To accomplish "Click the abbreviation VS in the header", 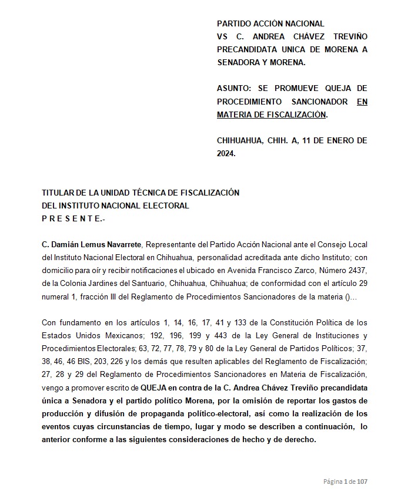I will click(222, 36).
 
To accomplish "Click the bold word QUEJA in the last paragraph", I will click(154, 388).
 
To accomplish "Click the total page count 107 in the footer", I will click(362, 481).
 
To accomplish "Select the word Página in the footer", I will click(333, 481).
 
